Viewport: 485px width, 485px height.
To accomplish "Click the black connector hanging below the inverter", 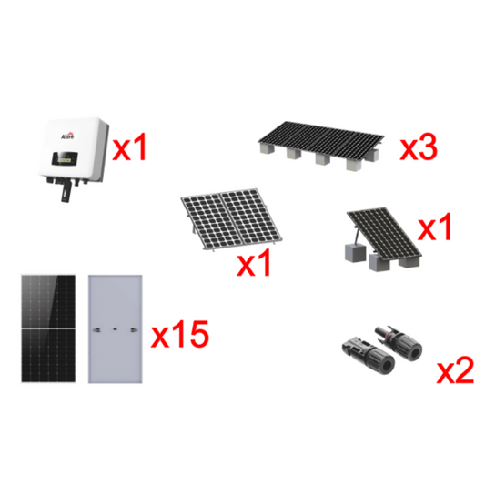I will tap(63, 190).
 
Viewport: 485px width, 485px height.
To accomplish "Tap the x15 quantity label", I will tap(179, 338).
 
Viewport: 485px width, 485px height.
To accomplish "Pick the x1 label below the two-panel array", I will tap(254, 267).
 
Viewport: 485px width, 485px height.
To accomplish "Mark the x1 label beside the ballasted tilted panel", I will tap(435, 227).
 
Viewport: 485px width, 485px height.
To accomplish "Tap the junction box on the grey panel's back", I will tap(114, 326).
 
